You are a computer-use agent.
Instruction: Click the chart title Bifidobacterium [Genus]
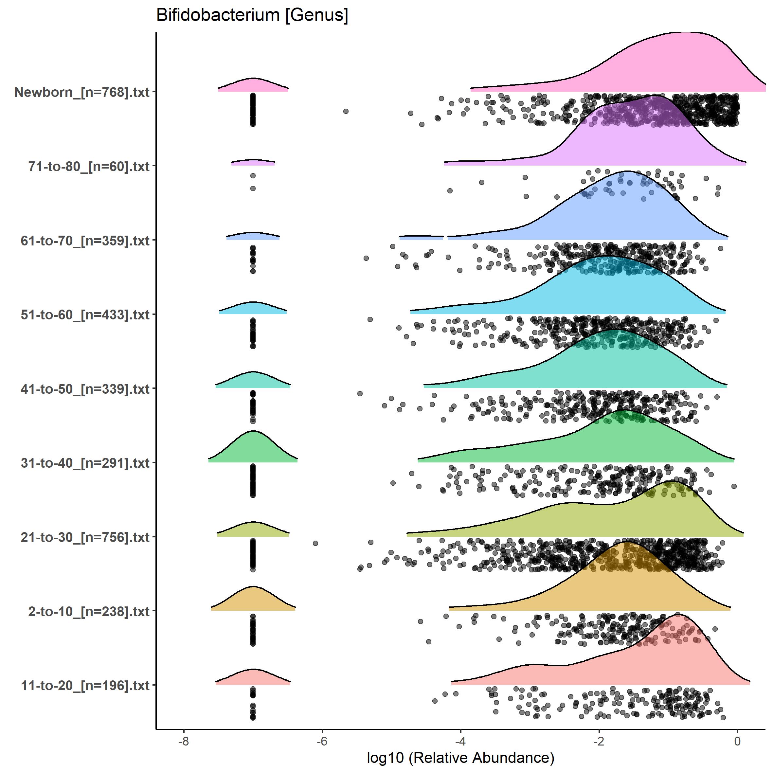[252, 15]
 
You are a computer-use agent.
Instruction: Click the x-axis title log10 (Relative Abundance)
[460, 757]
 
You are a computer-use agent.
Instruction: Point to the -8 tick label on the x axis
[183, 741]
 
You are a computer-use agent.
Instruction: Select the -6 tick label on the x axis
[322, 741]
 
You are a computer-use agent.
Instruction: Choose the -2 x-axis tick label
[599, 741]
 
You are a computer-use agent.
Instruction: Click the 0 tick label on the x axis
[737, 741]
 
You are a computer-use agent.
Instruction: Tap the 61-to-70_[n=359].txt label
[85, 241]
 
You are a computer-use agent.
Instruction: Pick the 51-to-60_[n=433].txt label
[85, 315]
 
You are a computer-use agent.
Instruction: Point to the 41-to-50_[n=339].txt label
[85, 388]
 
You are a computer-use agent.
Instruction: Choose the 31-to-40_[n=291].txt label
[85, 463]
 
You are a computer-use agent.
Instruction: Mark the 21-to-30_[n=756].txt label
[85, 537]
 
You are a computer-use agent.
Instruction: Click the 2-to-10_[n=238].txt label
[88, 611]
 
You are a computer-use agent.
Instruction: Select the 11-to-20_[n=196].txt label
[85, 685]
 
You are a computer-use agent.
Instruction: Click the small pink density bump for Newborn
[253, 85]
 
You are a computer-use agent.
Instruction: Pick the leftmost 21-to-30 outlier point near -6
[315, 543]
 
